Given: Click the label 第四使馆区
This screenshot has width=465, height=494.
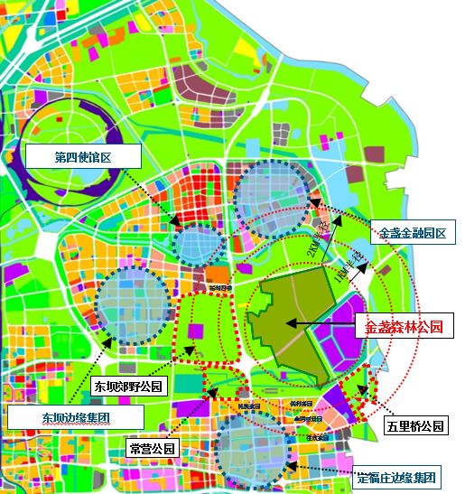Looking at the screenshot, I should pos(84,157).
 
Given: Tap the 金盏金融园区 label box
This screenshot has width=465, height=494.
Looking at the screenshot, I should pos(413,233).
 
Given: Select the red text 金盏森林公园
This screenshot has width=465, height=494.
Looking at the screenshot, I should pos(404,327).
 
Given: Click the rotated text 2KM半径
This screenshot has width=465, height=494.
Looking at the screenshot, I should pos(318,242).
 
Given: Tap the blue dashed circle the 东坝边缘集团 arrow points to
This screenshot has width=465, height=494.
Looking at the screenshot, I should pos(132,302).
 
